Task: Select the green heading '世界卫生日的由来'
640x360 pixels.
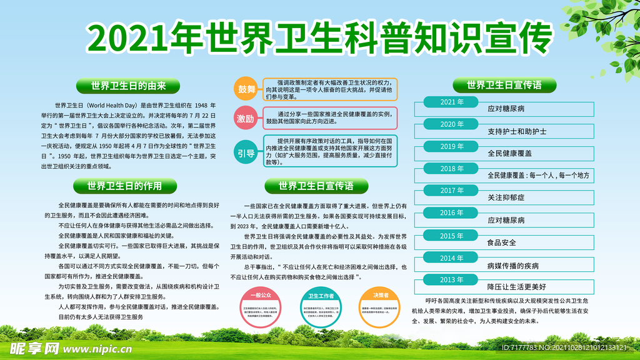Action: pyautogui.click(x=129, y=86)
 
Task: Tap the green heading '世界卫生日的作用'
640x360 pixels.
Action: pyautogui.click(x=124, y=186)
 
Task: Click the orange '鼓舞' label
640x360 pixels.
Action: pyautogui.click(x=246, y=89)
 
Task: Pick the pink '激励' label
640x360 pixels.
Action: pyautogui.click(x=246, y=118)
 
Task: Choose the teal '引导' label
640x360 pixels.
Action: pyautogui.click(x=246, y=151)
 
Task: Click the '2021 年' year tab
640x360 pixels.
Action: pyautogui.click(x=452, y=102)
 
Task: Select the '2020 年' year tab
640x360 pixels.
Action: pyautogui.click(x=452, y=124)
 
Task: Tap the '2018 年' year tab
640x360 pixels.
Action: pyautogui.click(x=452, y=169)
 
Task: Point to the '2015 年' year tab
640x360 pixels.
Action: pyautogui.click(x=452, y=236)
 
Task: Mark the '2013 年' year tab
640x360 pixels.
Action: pyautogui.click(x=452, y=280)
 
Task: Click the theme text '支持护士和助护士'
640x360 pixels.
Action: pyautogui.click(x=517, y=132)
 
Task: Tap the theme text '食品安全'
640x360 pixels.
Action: pyautogui.click(x=502, y=242)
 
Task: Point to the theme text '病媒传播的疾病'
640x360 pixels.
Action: pyautogui.click(x=512, y=265)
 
